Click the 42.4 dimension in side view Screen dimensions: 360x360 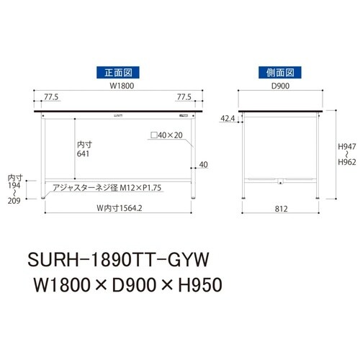coord(228,118)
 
